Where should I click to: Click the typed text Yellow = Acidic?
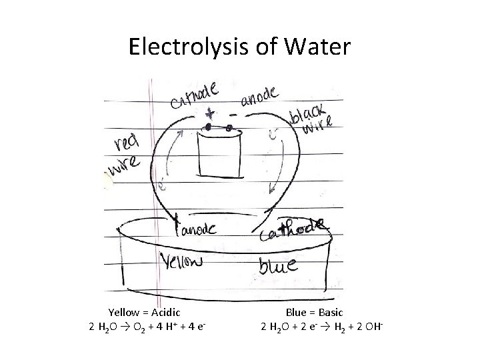coord(145,311)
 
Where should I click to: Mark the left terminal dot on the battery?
coord(209,127)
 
